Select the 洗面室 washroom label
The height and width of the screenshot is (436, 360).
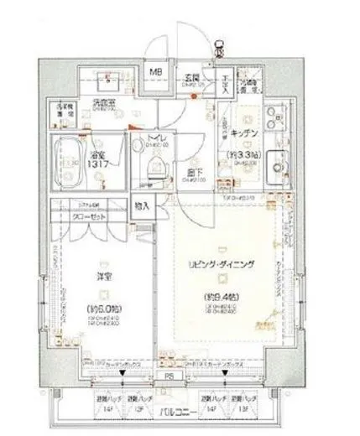(105, 104)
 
